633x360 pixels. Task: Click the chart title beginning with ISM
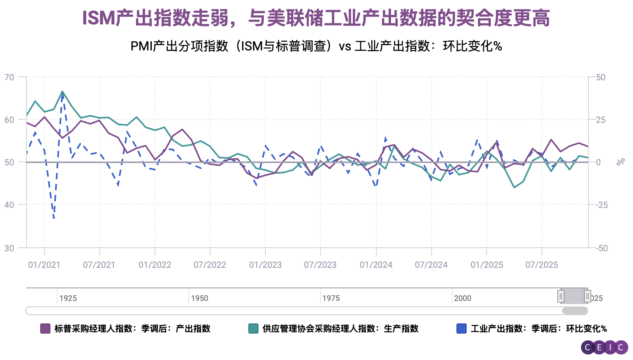[316, 18]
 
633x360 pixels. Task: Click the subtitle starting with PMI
[316, 46]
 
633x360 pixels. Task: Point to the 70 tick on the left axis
[9, 77]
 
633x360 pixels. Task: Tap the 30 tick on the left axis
[9, 248]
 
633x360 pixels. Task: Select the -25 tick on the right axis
[601, 205]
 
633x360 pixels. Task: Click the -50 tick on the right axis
[601, 248]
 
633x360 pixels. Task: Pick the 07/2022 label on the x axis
[210, 265]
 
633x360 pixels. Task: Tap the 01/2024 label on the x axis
[376, 265]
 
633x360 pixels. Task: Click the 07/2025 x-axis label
[542, 265]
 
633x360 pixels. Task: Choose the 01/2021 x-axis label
[44, 265]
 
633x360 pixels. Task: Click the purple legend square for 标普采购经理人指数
[45, 328]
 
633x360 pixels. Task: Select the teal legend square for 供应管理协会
[253, 328]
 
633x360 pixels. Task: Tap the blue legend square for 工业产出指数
[461, 328]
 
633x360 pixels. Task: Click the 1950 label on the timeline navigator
[199, 298]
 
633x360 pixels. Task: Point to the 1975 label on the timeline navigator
[331, 298]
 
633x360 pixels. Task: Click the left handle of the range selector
[561, 296]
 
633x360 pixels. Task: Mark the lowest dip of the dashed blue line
[54, 218]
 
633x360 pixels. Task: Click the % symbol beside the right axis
[621, 161]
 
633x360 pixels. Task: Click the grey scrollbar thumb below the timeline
[575, 311]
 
